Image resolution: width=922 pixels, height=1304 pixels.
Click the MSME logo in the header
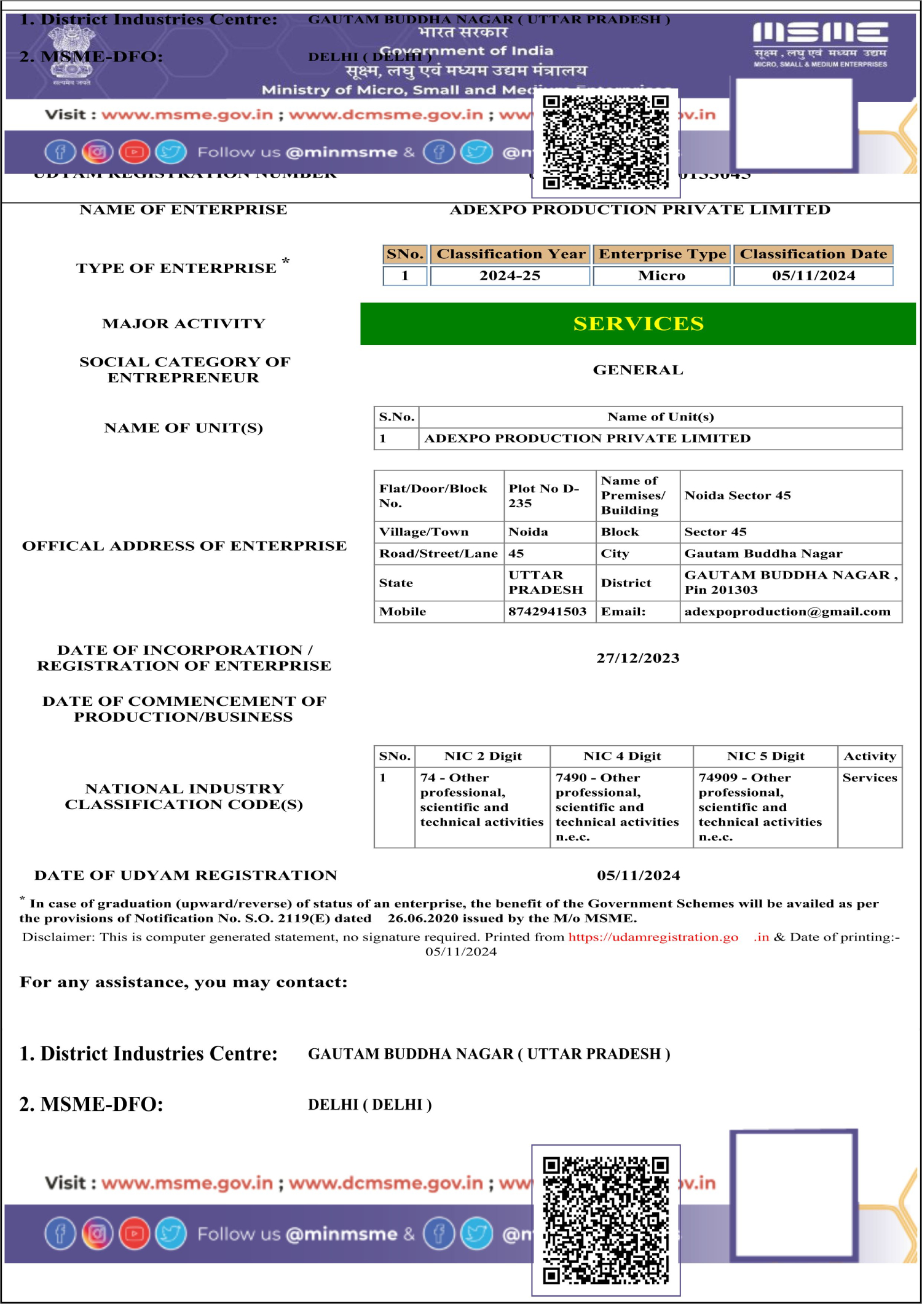(820, 44)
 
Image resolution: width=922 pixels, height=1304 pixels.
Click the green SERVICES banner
(638, 323)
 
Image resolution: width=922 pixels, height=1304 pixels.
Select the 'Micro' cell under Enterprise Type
(661, 276)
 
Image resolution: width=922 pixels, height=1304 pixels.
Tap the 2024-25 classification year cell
(510, 276)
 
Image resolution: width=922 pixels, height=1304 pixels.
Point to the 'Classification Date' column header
(813, 254)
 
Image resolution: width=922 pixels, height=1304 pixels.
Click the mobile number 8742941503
(547, 612)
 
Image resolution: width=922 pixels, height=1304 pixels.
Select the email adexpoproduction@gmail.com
(787, 612)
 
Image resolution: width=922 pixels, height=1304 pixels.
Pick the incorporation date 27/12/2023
(638, 658)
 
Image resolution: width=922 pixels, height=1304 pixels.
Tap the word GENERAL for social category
(638, 370)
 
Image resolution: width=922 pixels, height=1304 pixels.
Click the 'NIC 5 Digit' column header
(765, 756)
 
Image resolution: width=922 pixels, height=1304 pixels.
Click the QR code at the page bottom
(605, 1220)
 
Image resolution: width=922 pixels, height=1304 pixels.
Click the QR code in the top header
(605, 142)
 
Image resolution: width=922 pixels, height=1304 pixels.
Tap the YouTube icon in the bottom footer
(134, 1233)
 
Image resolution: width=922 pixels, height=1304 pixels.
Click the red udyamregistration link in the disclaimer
(653, 937)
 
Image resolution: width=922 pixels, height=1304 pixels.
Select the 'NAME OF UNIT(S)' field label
(183, 428)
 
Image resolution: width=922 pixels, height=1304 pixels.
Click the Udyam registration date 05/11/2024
(638, 875)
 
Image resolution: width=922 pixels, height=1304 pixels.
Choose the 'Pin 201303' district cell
(790, 583)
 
